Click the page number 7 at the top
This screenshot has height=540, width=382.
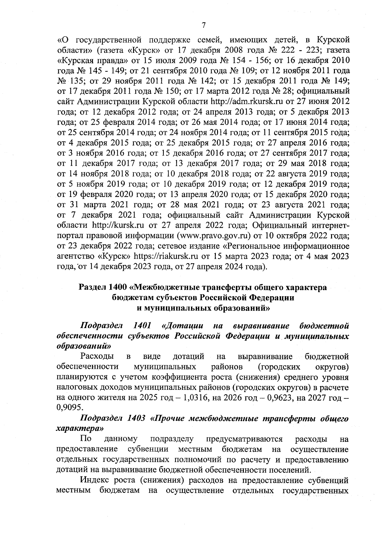tap(204, 25)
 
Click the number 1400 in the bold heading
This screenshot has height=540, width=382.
tap(118, 287)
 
